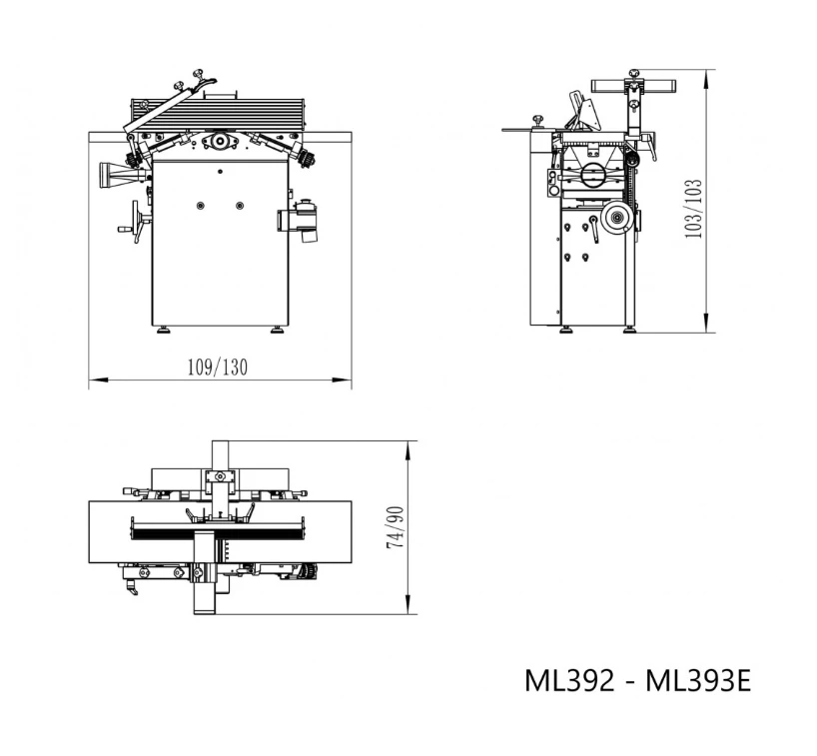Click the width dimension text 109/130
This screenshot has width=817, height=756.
pos(218,367)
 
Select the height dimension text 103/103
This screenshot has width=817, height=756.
pos(694,208)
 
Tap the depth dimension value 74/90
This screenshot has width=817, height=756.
pos(396,527)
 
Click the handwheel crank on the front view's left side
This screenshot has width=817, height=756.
pos(135,221)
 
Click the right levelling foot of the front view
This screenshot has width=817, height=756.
pos(277,330)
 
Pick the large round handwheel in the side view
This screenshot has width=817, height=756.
pos(616,219)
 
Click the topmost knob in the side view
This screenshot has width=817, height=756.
pos(633,73)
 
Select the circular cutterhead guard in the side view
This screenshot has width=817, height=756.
pos(593,177)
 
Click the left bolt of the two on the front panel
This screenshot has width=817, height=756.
pos(200,206)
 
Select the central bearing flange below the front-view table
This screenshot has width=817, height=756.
pos(219,142)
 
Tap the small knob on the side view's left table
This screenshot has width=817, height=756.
pos(538,121)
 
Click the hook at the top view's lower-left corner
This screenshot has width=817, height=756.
pos(130,591)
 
